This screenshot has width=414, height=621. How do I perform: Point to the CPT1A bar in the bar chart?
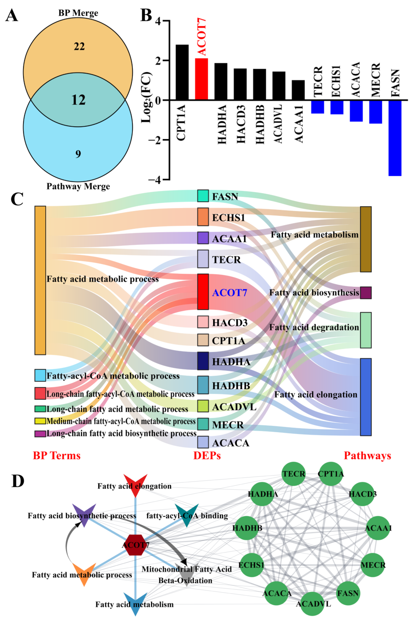coord(182,72)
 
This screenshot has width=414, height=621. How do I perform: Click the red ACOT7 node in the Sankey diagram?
coord(203,292)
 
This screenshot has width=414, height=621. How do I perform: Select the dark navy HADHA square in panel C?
coord(203,361)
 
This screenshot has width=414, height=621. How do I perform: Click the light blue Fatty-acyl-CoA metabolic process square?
coord(40,375)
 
